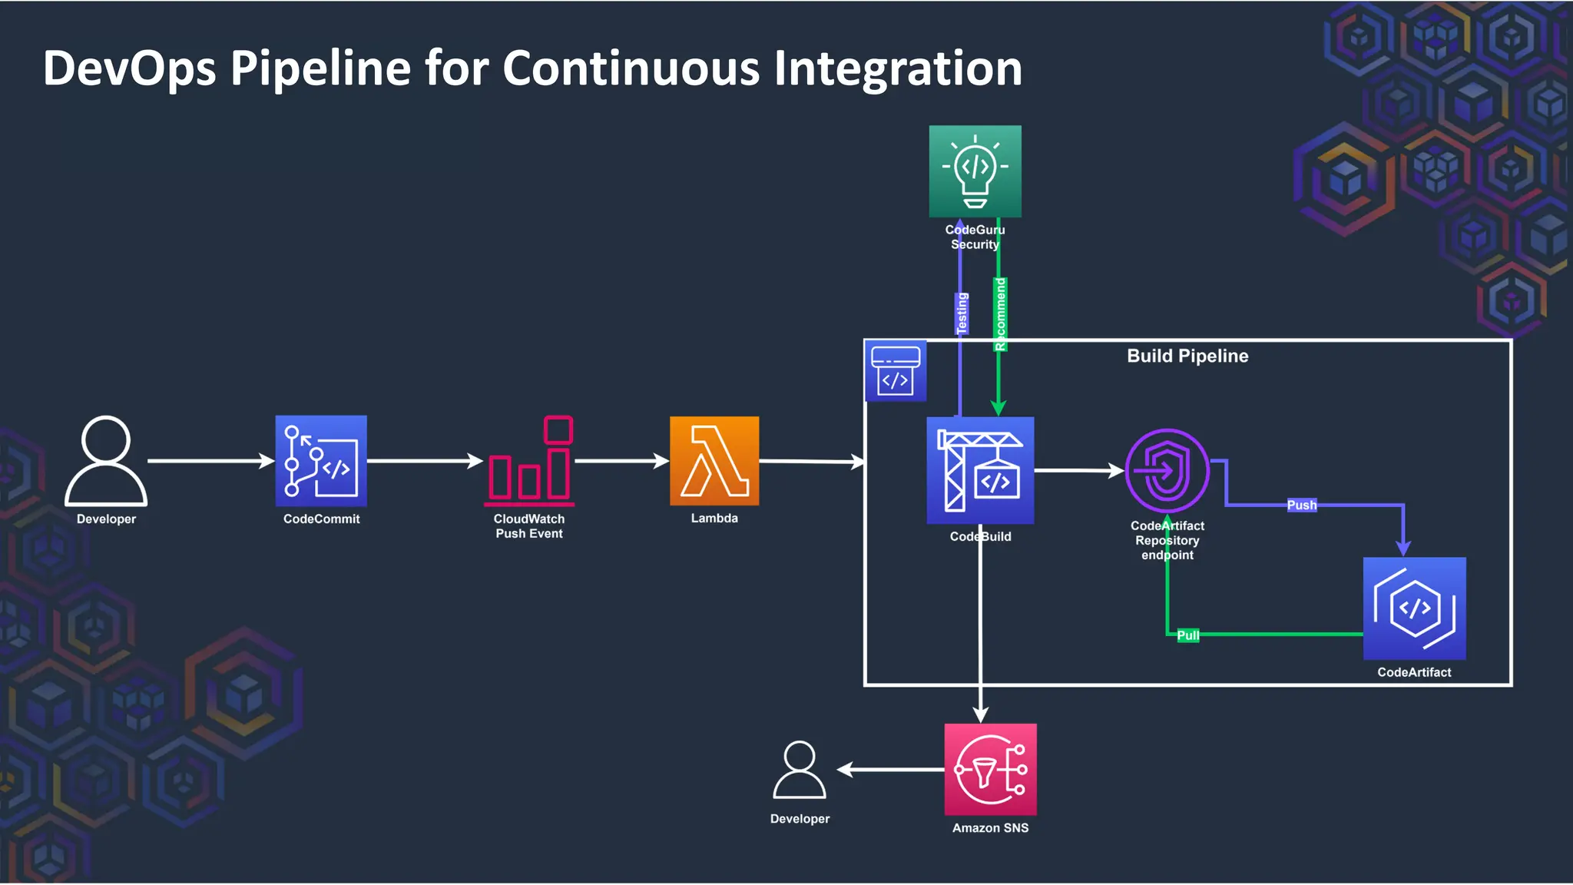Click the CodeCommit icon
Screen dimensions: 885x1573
click(321, 461)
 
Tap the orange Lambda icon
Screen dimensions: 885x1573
click(714, 461)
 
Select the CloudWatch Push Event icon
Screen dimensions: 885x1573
click(529, 461)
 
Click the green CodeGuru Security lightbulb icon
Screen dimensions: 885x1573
click(975, 171)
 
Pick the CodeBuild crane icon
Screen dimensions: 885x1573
click(980, 470)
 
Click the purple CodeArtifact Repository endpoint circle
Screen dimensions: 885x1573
click(1167, 470)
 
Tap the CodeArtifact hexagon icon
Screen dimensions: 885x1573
click(1414, 608)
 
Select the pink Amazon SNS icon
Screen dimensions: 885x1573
click(990, 769)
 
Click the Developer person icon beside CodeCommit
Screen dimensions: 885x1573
click(106, 461)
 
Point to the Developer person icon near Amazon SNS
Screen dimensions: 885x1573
click(800, 770)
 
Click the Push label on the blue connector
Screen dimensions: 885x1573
click(1301, 505)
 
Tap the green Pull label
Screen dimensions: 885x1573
click(1187, 635)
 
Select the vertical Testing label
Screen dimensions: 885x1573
click(962, 313)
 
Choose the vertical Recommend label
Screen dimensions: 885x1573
click(1000, 314)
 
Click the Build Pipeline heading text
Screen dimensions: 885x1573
click(1187, 356)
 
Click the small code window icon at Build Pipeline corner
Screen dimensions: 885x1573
click(896, 371)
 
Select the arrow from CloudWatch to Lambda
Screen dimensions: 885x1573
click(621, 461)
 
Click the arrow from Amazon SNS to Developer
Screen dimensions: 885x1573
click(891, 769)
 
